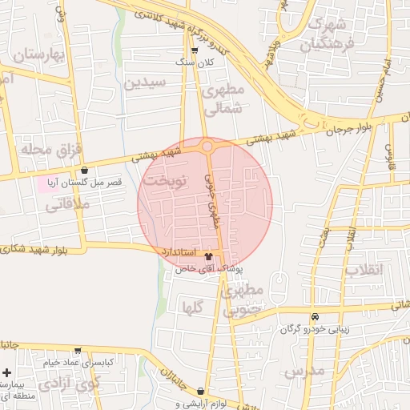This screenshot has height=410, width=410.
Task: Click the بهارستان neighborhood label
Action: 38,54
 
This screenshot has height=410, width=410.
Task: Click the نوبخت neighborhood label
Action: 165,181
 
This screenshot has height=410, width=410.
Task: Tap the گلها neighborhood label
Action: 192,306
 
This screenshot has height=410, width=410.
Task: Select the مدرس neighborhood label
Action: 303,371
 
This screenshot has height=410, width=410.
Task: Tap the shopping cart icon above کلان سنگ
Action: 195,50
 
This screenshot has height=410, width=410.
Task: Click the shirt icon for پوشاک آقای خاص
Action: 209,257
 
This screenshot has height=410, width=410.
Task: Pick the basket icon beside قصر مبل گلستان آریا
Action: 85,170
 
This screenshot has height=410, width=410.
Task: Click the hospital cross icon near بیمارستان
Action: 7,373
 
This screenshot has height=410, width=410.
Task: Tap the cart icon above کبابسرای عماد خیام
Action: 78,351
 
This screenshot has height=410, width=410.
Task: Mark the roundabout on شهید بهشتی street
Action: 207,147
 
